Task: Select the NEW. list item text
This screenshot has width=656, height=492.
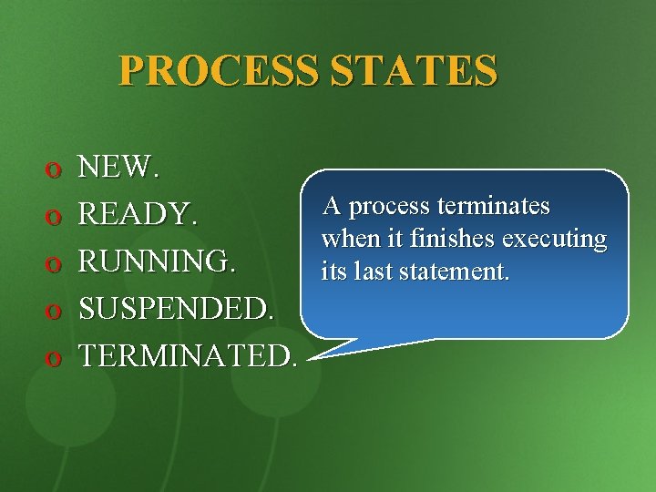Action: (x=119, y=167)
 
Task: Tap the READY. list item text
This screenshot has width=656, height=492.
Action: (x=138, y=215)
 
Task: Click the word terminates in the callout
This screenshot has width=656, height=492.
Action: (x=492, y=207)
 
